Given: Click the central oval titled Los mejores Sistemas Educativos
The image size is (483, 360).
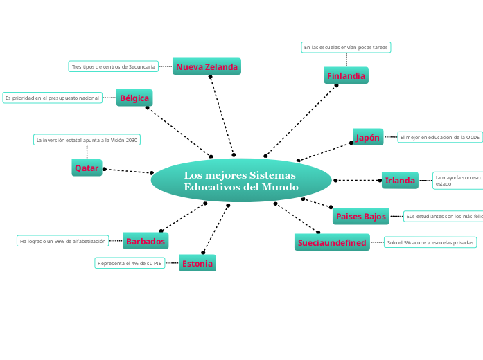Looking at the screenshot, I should point(241,181).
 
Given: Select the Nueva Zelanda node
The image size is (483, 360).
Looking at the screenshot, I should point(207,67).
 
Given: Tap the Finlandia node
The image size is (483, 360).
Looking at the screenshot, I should point(346,75).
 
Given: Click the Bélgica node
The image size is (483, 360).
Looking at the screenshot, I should point(134,98).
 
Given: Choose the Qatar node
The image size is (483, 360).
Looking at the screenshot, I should point(87,168).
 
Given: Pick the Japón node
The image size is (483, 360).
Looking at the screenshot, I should point(368,138).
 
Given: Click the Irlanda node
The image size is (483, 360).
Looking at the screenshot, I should point(400,181).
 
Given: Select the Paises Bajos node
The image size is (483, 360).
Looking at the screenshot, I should point(360,217).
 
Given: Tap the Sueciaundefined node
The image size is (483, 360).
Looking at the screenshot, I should point(331,243).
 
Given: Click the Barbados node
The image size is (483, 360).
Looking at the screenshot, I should point(145,242).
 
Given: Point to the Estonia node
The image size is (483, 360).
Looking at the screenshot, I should point(197,263).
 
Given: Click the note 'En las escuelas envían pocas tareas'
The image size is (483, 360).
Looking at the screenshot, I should point(346,47).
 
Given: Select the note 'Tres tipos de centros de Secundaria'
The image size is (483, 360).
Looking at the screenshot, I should point(113,66).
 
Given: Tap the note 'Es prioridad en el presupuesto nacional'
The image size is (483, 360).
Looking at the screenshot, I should point(52,98).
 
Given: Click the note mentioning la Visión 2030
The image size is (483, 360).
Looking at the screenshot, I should point(87,140).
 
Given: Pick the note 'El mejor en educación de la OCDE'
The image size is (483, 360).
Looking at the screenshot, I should point(439,137).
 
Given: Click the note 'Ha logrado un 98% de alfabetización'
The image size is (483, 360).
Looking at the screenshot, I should point(63,241).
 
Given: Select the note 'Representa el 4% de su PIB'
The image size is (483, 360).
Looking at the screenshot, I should point(130,263).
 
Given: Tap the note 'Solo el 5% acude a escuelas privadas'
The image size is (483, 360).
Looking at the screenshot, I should point(430,242).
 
